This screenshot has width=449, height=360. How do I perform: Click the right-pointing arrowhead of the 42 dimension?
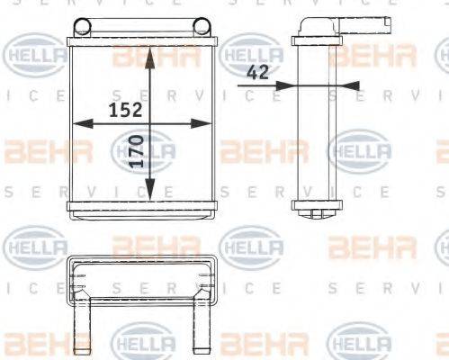(286, 86)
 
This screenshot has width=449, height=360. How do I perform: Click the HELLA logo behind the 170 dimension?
(144, 148)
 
